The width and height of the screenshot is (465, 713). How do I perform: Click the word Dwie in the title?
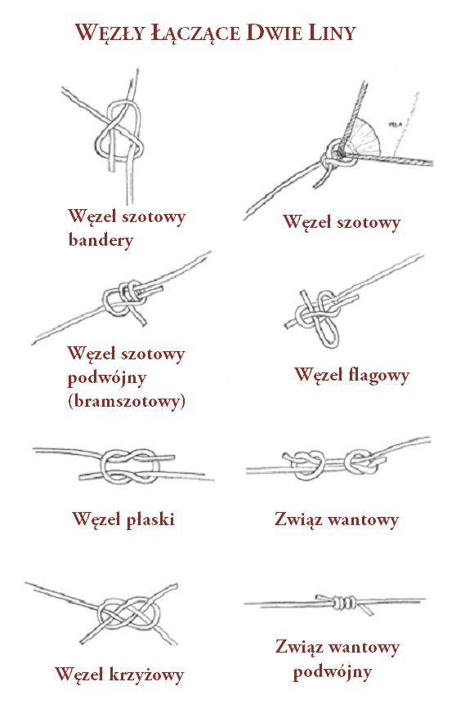[x=274, y=33]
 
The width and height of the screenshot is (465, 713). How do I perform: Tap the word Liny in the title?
[x=332, y=33]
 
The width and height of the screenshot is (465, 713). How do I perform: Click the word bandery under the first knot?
[x=101, y=239]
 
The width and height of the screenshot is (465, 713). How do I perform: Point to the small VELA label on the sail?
[x=394, y=123]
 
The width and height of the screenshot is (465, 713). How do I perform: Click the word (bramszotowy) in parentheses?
[x=127, y=401]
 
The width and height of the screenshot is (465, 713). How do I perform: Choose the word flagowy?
[x=379, y=375]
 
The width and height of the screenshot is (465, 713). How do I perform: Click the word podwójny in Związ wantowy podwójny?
[x=333, y=671]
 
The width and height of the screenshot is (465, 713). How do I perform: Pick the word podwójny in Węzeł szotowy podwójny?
[x=107, y=377]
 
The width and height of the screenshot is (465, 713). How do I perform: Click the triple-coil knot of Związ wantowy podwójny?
[x=344, y=603]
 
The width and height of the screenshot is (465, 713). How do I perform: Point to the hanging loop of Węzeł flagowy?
[x=328, y=331]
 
